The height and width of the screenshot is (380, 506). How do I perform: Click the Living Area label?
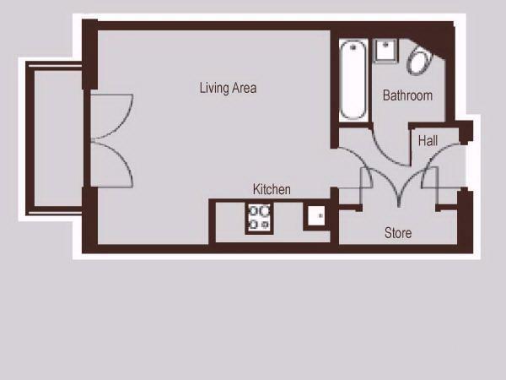tap(229, 88)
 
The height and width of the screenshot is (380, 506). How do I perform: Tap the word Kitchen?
tap(272, 189)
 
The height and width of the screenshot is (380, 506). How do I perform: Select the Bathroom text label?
tap(407, 95)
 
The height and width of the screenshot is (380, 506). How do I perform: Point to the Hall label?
tap(428, 141)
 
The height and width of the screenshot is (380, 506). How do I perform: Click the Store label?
tap(398, 233)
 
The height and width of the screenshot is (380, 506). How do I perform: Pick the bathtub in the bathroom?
tap(353, 80)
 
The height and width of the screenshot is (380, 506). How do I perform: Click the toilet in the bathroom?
tap(420, 61)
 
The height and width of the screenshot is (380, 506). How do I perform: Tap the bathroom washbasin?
tap(385, 51)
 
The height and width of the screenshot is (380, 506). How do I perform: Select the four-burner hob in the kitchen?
tap(259, 218)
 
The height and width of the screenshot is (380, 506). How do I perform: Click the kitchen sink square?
tap(316, 216)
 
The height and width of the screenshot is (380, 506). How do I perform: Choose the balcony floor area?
tap(58, 138)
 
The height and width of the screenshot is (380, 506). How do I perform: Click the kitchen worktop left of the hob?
tap(230, 221)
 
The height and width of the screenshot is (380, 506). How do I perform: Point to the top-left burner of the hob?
tap(253, 211)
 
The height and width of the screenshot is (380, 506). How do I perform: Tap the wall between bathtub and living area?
tap(335, 89)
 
